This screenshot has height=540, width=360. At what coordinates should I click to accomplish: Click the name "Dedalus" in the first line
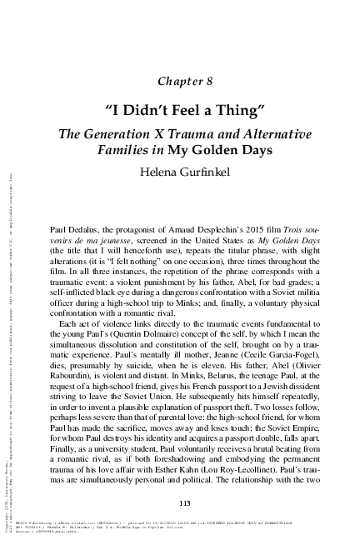pos(82,227)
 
